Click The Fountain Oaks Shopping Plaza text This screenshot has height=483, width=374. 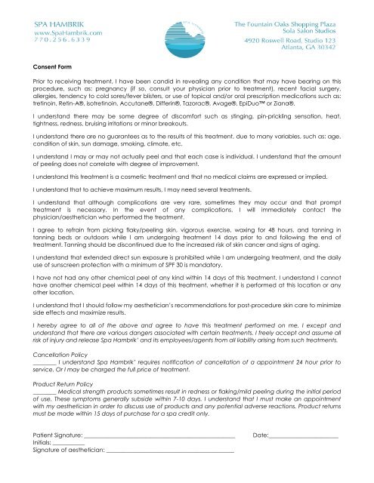coord(301,23)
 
